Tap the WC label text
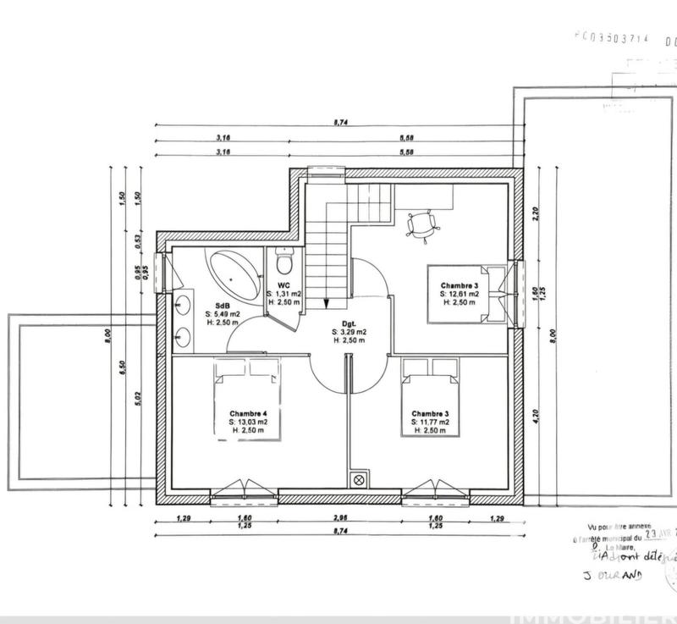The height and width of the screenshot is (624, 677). point(283,285)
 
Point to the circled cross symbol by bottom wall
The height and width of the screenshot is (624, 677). point(359,480)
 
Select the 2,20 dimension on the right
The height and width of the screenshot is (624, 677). point(534,213)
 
